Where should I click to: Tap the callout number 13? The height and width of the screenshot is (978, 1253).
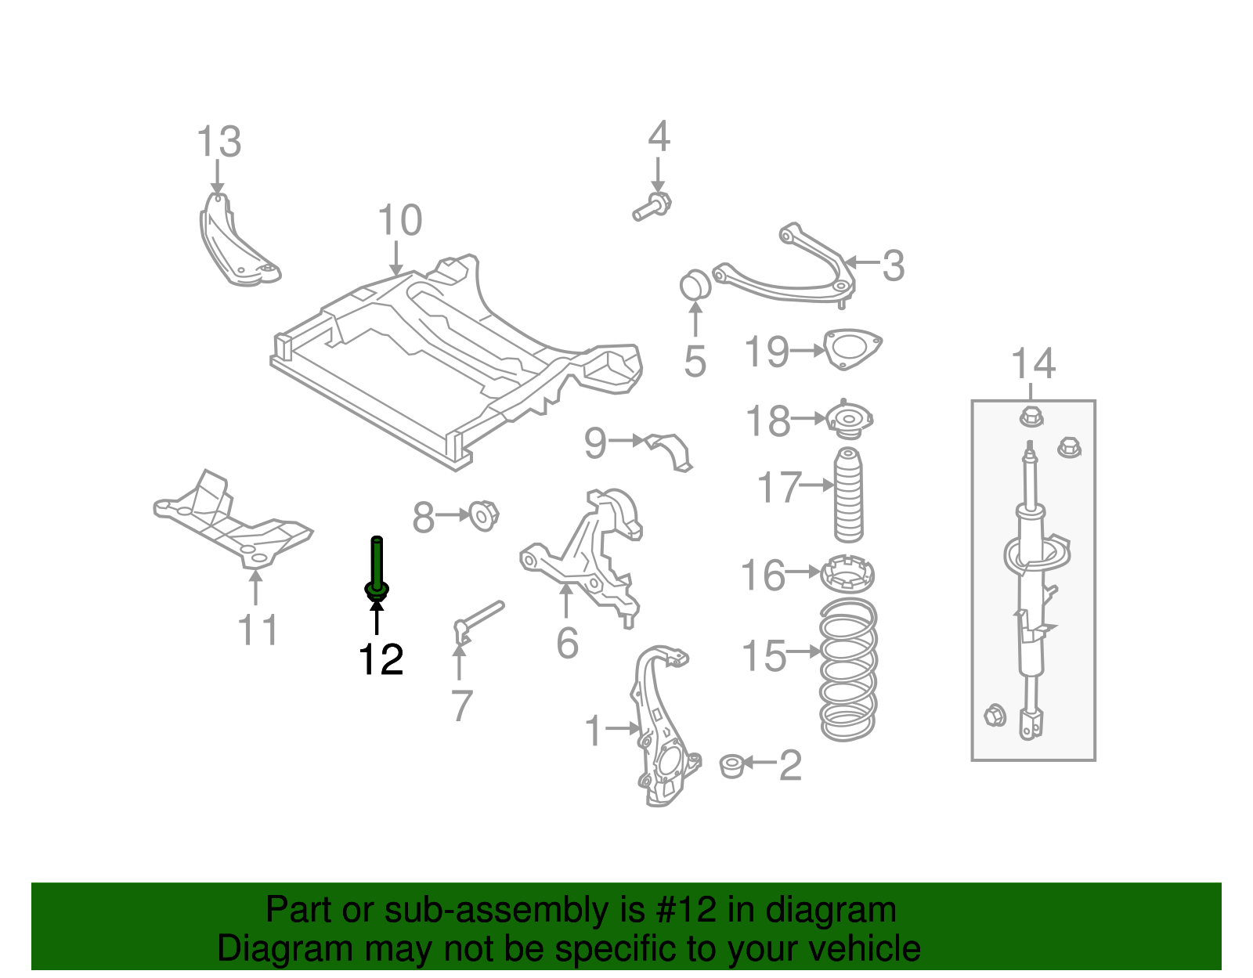click(x=218, y=143)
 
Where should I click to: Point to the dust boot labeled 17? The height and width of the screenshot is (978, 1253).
click(x=848, y=495)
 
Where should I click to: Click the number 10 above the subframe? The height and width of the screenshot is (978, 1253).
click(x=399, y=221)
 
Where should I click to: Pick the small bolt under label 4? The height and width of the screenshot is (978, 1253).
click(x=652, y=207)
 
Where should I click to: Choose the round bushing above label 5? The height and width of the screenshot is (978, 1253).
click(x=694, y=284)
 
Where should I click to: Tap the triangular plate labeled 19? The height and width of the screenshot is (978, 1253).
click(x=852, y=348)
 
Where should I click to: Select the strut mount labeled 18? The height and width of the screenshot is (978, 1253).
click(x=849, y=420)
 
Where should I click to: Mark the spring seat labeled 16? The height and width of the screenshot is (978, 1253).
click(x=847, y=575)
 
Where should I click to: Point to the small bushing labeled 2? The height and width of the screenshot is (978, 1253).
click(x=731, y=765)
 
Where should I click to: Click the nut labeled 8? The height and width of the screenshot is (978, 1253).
click(x=483, y=514)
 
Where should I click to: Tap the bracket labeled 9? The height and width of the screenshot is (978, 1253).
click(x=670, y=451)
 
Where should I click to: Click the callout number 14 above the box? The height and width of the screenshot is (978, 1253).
click(x=1033, y=365)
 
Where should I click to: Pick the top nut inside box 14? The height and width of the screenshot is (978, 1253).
click(x=1031, y=416)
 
